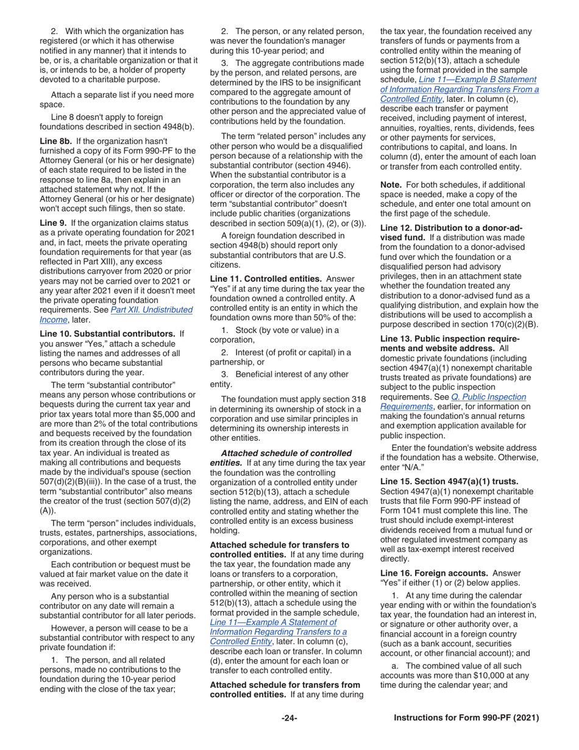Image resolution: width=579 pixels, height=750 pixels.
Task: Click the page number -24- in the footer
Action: click(289, 718)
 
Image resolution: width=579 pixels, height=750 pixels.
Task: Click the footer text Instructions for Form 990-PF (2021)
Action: click(466, 718)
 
